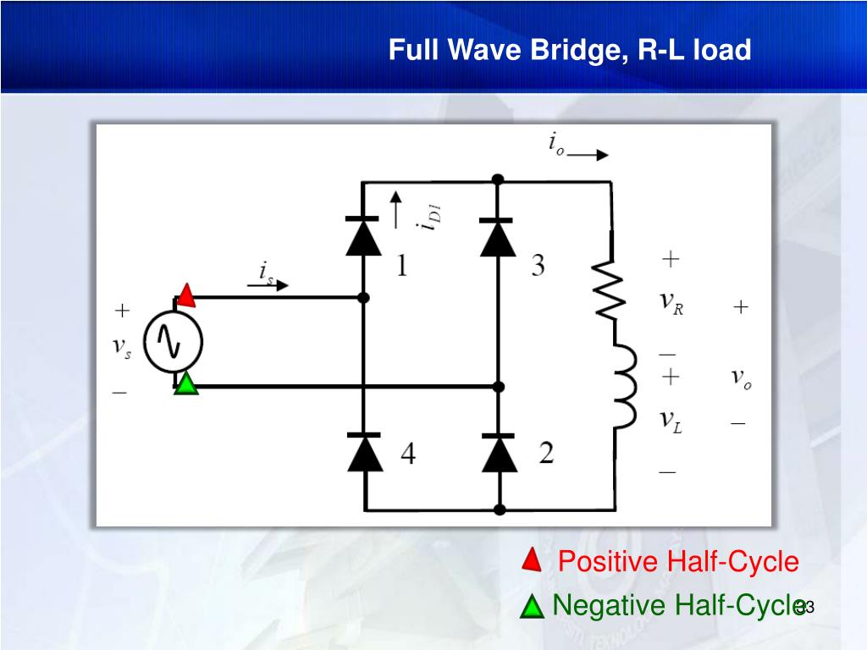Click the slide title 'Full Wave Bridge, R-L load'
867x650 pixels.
pos(569,51)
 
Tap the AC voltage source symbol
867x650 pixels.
pos(173,341)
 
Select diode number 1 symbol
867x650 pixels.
pos(363,236)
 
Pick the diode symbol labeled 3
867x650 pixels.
pos(498,236)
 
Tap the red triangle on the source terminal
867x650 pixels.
pos(186,295)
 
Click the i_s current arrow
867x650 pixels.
pos(275,285)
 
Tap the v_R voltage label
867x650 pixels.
pos(671,303)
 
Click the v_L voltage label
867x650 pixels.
pos(671,422)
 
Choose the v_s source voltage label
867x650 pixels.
pos(123,351)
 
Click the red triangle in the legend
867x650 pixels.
pos(531,559)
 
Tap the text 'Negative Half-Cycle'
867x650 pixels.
pos(677,606)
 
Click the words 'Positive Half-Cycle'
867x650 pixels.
pos(678,562)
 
